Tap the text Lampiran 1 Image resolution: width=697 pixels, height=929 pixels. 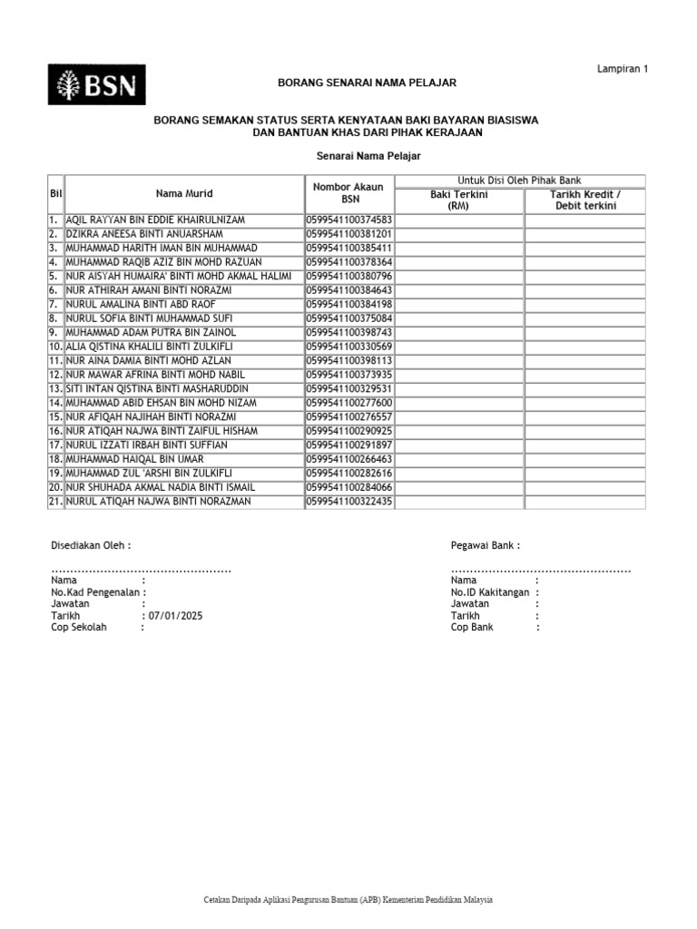pos(623,69)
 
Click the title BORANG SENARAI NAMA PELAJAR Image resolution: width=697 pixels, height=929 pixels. pos(367,83)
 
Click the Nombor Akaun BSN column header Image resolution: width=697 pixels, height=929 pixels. pos(349,192)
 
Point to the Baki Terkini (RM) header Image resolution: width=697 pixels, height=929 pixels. pos(458,200)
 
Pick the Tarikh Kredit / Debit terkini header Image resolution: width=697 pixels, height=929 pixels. pos(585,200)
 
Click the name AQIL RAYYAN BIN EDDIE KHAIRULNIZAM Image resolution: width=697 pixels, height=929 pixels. pos(155,220)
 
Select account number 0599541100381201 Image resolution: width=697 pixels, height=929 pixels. pos(349,234)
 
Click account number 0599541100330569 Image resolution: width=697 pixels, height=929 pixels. pos(349,347)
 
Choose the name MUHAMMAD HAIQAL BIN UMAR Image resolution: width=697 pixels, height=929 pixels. pos(134,460)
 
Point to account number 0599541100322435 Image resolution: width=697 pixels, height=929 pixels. pos(349,502)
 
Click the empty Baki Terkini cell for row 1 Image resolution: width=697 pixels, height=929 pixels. pos(458,220)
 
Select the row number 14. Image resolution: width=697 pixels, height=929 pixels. pos(54,403)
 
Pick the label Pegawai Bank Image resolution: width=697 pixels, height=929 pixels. pos(485,545)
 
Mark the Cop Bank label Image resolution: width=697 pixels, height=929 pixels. pos(472,627)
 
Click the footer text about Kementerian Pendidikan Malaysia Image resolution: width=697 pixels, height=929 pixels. pos(348,900)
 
